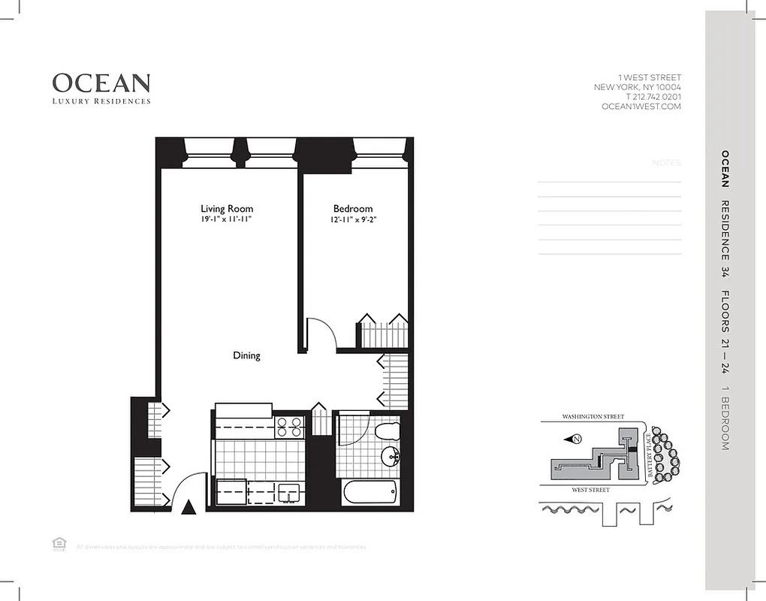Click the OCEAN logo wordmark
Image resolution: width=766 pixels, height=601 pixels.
[101, 83]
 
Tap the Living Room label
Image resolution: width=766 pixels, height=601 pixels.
[227, 209]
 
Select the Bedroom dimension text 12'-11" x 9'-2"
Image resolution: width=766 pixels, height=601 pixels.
[353, 220]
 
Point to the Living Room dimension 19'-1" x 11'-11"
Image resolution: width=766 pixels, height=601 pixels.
[227, 220]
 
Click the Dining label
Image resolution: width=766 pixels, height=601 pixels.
[246, 355]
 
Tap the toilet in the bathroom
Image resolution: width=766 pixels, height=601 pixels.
[388, 431]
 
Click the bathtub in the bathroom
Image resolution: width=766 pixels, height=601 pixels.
[369, 494]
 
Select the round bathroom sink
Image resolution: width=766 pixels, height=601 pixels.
[391, 456]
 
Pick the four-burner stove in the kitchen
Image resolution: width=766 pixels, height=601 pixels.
[289, 426]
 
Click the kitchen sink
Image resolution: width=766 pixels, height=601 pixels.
[288, 492]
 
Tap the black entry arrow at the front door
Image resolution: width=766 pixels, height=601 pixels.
[189, 508]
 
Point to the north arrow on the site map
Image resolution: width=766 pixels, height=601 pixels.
[576, 439]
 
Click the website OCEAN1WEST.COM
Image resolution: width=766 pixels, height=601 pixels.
[641, 107]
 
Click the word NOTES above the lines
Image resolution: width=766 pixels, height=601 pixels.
[666, 163]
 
